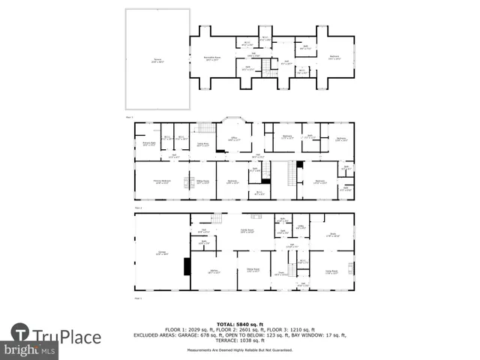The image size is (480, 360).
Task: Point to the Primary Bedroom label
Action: click(160, 181)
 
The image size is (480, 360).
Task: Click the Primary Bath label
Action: click(148, 143)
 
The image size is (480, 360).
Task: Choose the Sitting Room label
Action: click(202, 181)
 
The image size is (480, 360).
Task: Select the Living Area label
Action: click(202, 144)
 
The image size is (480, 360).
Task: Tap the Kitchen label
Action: click(213, 271)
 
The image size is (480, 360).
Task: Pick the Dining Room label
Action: click(253, 271)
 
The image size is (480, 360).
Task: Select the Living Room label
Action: click(331, 272)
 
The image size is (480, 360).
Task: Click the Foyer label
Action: click(279, 273)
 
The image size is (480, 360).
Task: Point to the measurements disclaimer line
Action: click(240, 350)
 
